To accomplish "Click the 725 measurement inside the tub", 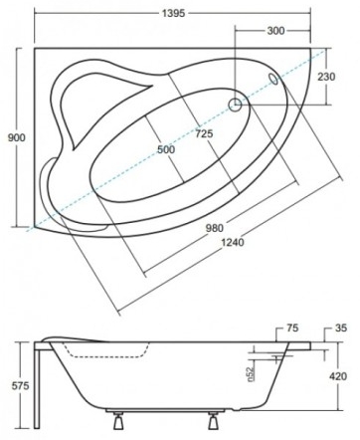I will click(206, 133).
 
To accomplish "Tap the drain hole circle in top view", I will click(236, 105).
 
